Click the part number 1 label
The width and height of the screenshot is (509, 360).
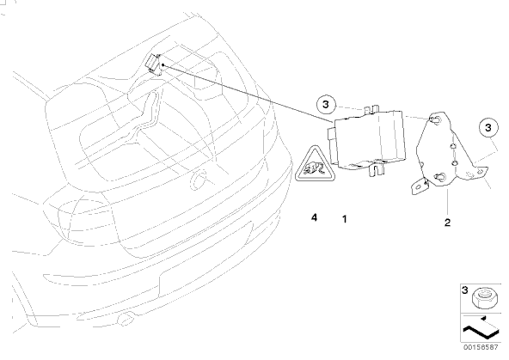pos(345,219)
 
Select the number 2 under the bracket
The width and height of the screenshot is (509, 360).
pos(447,223)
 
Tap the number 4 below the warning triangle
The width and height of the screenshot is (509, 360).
pos(314,217)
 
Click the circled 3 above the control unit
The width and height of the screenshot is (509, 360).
pos(326,105)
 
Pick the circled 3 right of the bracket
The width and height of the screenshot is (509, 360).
pos(488,127)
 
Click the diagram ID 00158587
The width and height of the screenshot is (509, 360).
pos(481,347)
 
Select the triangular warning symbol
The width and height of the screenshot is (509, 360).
pos(314,166)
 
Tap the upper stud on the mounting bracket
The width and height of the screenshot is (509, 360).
pos(434,119)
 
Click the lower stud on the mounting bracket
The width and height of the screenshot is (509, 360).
pos(439,177)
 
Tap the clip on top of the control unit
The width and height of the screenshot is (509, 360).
pos(372,109)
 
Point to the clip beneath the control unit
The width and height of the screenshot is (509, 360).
pos(377,169)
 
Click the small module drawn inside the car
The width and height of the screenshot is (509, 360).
pos(154,64)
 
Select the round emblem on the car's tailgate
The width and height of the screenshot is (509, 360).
pos(198,180)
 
